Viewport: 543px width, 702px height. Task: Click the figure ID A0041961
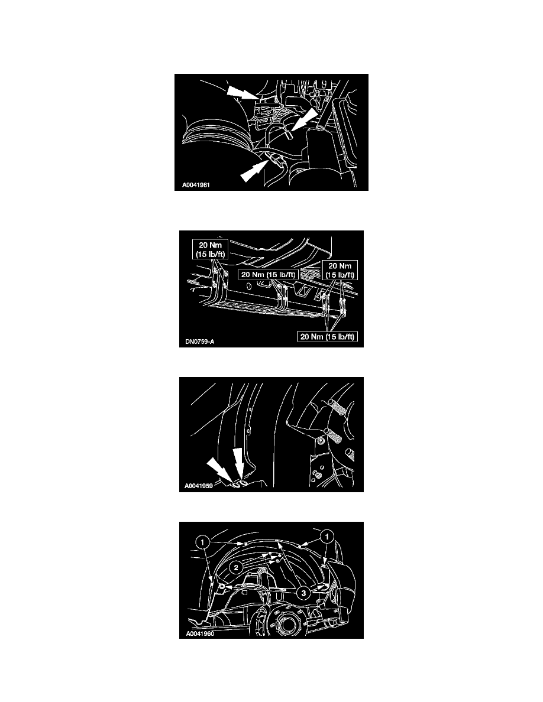click(196, 185)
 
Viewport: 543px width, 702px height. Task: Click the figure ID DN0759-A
click(200, 342)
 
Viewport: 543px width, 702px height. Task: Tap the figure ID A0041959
click(199, 486)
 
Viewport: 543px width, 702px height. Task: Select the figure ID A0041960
click(200, 634)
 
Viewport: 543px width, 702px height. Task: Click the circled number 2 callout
click(236, 568)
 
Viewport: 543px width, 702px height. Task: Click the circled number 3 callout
click(304, 593)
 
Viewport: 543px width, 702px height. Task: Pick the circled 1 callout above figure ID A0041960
click(202, 542)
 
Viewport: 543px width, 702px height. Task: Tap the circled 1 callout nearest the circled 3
click(327, 537)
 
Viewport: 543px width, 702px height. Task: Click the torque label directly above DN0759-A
click(210, 249)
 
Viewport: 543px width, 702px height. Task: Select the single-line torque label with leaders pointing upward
click(327, 336)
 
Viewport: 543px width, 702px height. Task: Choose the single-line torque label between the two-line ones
click(268, 274)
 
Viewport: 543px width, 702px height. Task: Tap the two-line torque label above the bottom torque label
click(340, 271)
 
